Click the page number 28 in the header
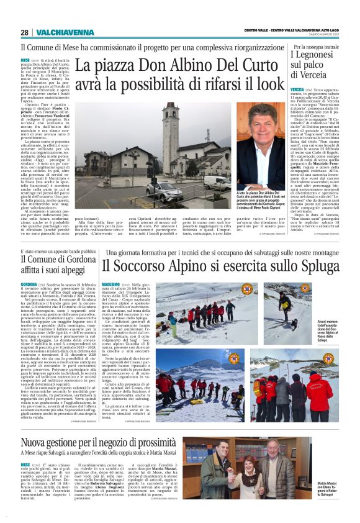(24, 32)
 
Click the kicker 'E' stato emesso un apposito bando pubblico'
(59, 252)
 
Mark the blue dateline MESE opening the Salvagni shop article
(25, 464)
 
